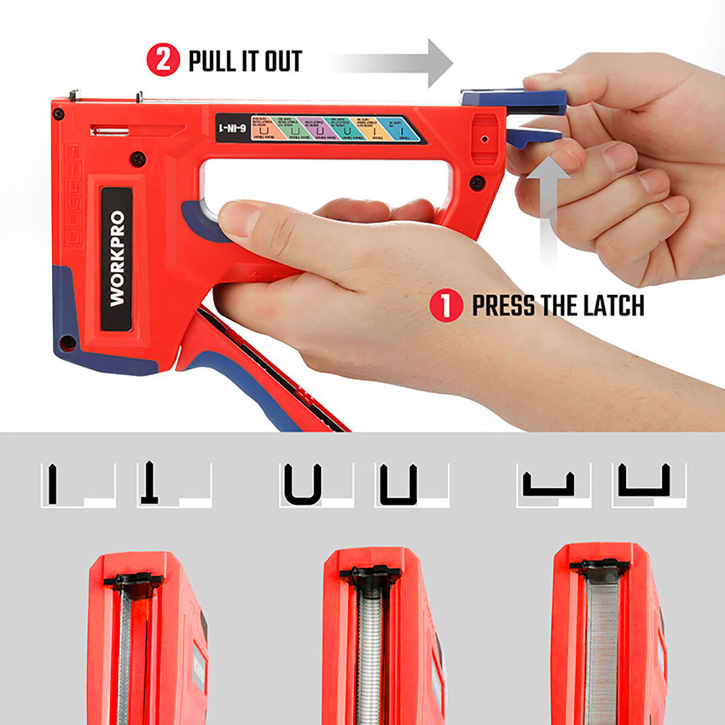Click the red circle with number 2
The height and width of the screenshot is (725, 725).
163,60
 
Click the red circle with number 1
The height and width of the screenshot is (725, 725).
446,305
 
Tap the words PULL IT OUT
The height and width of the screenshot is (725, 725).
245,61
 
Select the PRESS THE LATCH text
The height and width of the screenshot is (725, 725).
558,306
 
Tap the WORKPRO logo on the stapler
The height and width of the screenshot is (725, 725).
117,259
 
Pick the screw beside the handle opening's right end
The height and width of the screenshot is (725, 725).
477,182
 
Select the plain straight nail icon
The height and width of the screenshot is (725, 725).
53,483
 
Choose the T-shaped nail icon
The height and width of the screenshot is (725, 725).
149,483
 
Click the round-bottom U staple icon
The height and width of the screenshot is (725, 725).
303,484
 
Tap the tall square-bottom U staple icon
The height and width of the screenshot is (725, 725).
399,484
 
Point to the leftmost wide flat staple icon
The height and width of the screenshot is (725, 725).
548,484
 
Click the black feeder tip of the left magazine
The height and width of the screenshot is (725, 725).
133,581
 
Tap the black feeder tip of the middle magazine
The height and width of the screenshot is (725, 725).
370,574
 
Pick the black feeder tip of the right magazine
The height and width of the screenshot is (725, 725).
600,567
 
